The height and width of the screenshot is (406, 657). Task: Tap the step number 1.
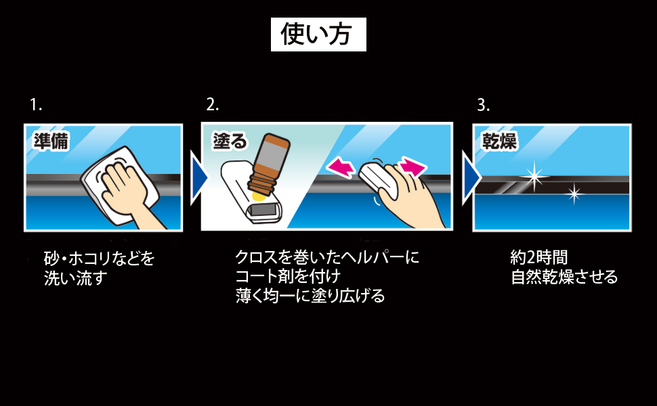tap(36, 105)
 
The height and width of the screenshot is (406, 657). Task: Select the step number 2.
tap(212, 104)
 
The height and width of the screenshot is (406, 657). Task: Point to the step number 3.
tap(483, 105)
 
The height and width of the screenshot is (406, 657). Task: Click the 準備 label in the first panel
tap(51, 141)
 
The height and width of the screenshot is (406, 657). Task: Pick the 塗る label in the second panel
tap(230, 141)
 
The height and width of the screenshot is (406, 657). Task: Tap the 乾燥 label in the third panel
tap(499, 141)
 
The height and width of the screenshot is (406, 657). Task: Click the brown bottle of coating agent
tap(269, 164)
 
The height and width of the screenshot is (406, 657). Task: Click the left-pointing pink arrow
tap(340, 166)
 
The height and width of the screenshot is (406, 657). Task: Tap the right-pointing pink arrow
tap(412, 166)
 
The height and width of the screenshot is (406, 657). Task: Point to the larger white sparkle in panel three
tap(534, 177)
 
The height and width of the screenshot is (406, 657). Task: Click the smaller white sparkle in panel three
tap(574, 194)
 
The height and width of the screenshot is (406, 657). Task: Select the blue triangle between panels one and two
tap(198, 178)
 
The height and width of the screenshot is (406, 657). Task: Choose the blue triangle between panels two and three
tap(471, 178)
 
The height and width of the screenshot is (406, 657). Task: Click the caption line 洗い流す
tap(75, 278)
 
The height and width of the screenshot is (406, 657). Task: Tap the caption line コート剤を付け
tap(288, 276)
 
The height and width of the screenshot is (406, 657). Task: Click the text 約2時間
tap(539, 257)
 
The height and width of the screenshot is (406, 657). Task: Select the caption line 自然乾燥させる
tap(564, 277)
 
